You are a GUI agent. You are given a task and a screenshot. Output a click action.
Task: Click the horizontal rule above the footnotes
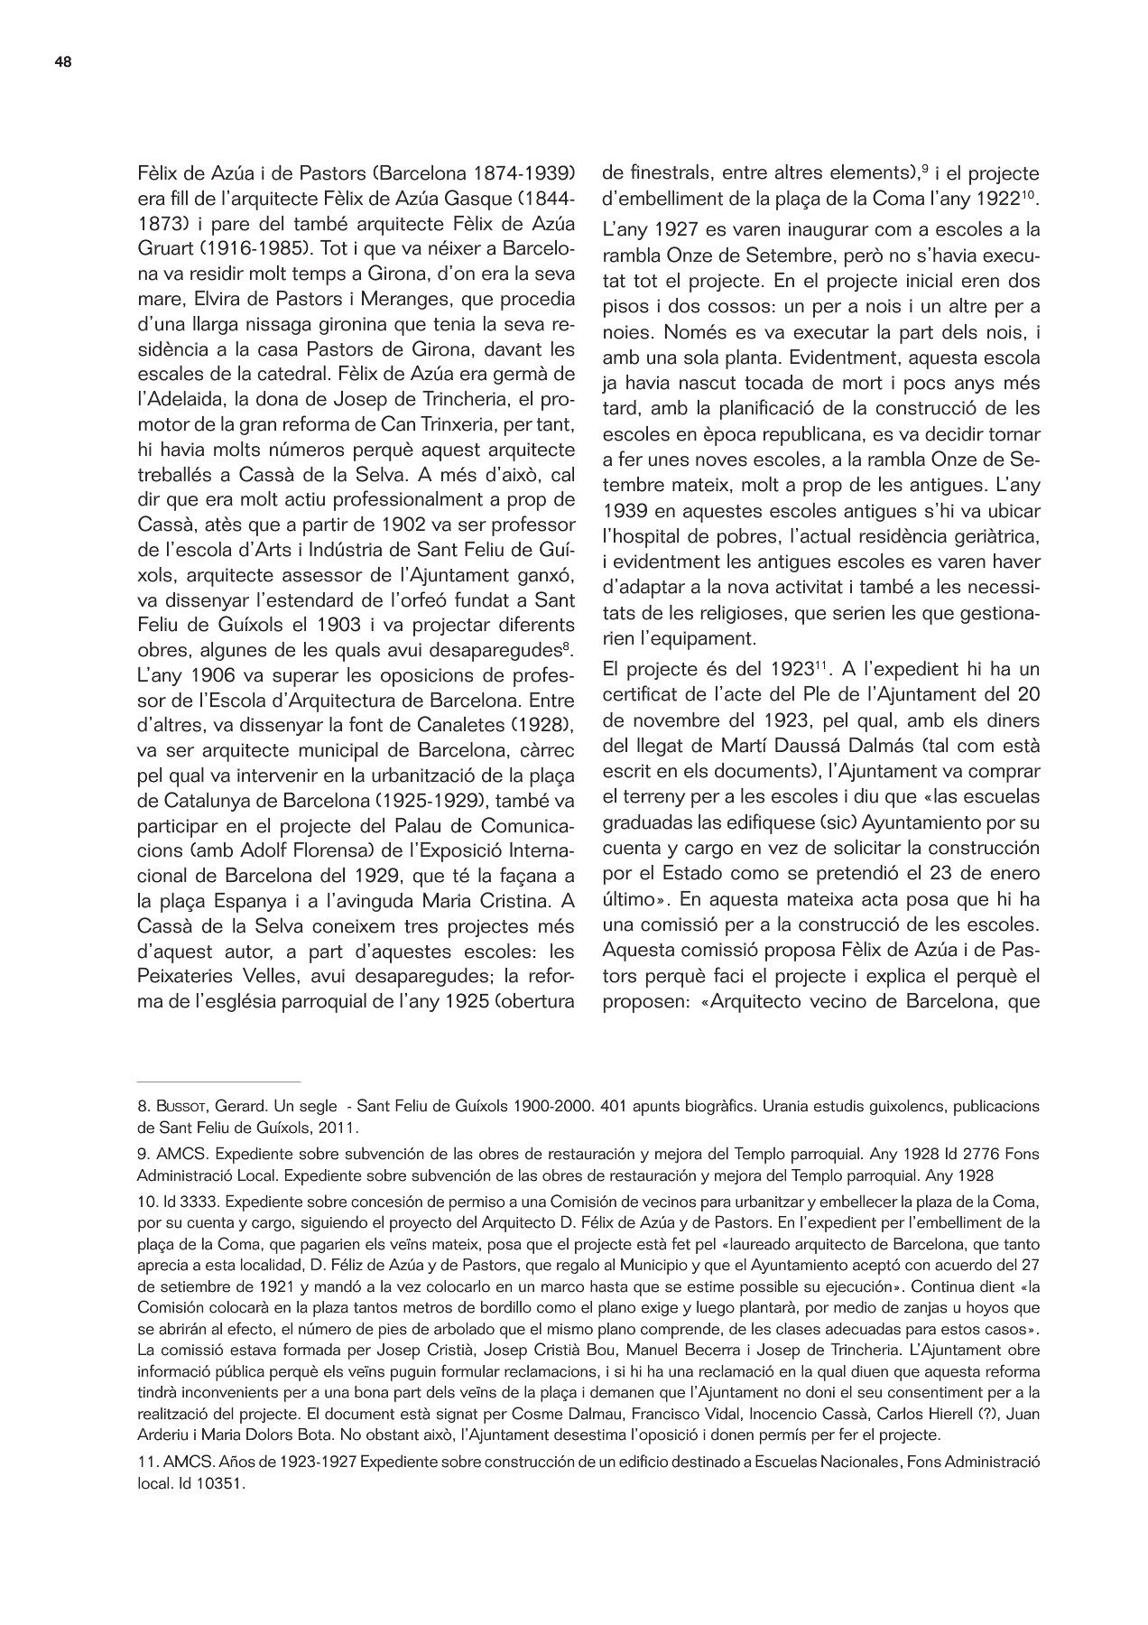pyautogui.click(x=218, y=1081)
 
